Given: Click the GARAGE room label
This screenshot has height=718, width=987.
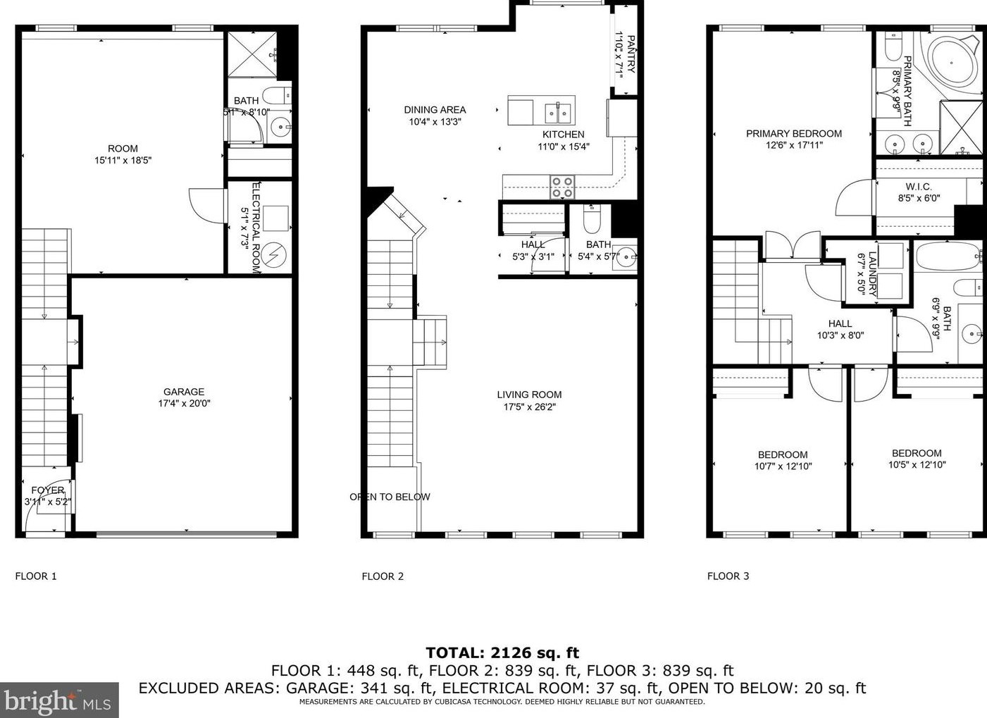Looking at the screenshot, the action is pyautogui.click(x=184, y=391).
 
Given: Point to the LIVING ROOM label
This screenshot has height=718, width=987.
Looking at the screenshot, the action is pyautogui.click(x=529, y=395).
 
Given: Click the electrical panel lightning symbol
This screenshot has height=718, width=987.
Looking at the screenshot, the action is pyautogui.click(x=273, y=255).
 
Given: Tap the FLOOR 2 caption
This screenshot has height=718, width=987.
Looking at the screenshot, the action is pyautogui.click(x=383, y=576).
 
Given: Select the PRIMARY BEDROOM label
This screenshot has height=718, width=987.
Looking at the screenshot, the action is pyautogui.click(x=794, y=134).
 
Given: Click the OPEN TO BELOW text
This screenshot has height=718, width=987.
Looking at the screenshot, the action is pyautogui.click(x=390, y=497).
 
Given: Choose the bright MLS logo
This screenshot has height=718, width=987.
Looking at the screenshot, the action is pyautogui.click(x=59, y=700).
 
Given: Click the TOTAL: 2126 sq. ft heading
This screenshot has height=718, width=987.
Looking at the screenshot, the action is pyautogui.click(x=502, y=652).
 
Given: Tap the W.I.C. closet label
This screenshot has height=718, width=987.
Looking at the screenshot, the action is pyautogui.click(x=919, y=187).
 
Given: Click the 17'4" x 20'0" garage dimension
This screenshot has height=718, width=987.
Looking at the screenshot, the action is pyautogui.click(x=184, y=403).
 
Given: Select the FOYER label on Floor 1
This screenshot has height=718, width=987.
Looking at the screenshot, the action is pyautogui.click(x=48, y=490).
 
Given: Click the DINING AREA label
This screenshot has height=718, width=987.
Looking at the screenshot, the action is pyautogui.click(x=435, y=110).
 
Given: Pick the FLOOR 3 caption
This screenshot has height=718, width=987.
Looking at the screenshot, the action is pyautogui.click(x=728, y=576).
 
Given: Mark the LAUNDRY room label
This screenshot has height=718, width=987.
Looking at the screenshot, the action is pyautogui.click(x=872, y=273).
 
